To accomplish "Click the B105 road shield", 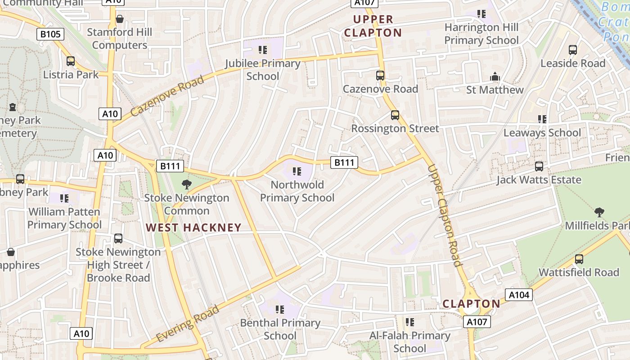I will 50,34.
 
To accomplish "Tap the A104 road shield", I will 519,295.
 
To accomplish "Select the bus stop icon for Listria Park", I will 71,61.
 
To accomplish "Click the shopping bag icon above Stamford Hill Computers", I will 120,19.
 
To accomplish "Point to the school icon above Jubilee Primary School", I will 263,49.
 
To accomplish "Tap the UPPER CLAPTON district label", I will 373,26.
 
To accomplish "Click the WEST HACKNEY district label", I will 194,228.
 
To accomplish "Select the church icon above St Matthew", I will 495,76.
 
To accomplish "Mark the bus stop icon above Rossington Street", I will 395,115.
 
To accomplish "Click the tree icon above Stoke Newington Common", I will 186,184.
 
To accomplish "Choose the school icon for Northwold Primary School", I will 297,171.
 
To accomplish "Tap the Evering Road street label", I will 188,323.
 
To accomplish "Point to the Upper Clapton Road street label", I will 445,216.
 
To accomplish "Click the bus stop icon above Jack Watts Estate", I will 539,166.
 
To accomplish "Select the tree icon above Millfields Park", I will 598,212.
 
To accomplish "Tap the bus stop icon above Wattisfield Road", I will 579,259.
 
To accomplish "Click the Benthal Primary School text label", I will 280,329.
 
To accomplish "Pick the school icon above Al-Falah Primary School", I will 409,322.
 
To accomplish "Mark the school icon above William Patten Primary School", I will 64,198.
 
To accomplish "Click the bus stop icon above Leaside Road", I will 573,50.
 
